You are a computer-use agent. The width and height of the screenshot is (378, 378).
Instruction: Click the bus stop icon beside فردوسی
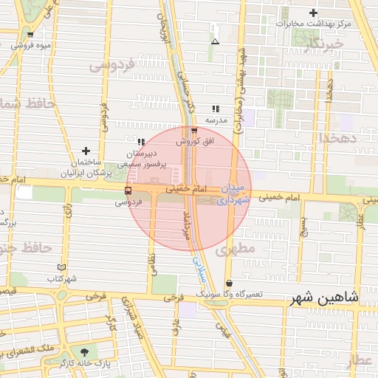click(x=128, y=190)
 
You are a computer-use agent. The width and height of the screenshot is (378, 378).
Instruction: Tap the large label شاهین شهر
click(x=325, y=298)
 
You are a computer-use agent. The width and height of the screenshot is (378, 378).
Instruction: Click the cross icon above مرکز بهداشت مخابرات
click(x=314, y=13)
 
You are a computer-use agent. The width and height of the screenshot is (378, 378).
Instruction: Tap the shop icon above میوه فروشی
click(x=30, y=35)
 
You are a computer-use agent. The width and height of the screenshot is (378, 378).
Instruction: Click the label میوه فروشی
click(x=31, y=46)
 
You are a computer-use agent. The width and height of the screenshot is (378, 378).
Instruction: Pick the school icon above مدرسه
click(x=216, y=109)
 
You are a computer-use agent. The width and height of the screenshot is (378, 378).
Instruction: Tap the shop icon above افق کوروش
click(x=194, y=130)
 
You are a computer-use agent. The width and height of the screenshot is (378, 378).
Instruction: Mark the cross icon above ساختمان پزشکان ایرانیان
click(x=86, y=150)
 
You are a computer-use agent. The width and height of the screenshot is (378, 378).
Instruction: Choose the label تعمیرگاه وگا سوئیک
click(x=229, y=294)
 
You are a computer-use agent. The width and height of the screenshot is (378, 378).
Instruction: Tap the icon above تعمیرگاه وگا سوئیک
click(x=229, y=283)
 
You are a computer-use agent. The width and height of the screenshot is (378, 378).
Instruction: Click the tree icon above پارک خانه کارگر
click(x=86, y=352)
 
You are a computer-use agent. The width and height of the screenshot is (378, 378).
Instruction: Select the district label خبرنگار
click(x=324, y=45)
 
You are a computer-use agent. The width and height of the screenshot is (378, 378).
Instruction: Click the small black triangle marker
click(x=215, y=41)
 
